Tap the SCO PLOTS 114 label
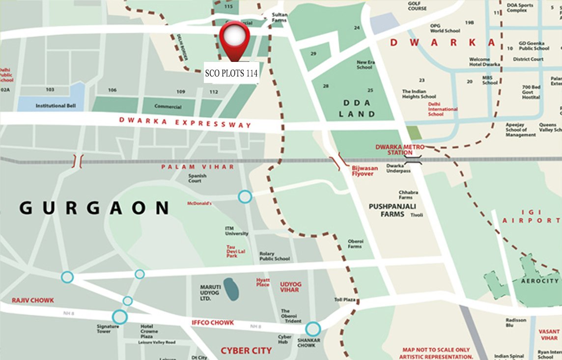[231, 74]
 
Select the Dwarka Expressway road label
[185, 122]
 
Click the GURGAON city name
[94, 208]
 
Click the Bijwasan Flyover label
[365, 170]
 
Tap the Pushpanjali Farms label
[387, 210]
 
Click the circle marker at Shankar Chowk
[313, 329]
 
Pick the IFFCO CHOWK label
[212, 323]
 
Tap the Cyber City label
[246, 350]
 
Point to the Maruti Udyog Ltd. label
[212, 292]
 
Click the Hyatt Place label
[263, 282]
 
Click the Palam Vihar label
[198, 167]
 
